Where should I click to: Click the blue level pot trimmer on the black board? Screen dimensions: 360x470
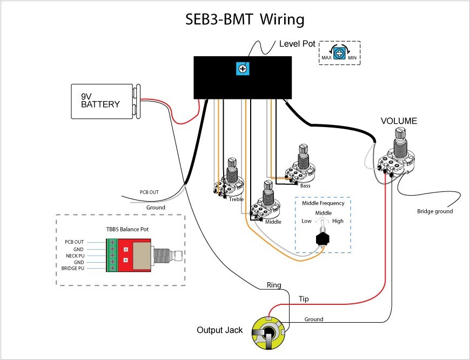241,69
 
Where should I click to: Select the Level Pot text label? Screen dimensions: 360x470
297,43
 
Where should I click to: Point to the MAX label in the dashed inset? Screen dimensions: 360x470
326,57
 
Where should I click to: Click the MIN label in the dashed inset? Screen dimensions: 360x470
352,57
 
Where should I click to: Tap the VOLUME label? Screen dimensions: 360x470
399,121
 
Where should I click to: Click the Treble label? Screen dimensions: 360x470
236,199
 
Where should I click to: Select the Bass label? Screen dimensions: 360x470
305,186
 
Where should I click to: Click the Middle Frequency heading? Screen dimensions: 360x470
323,203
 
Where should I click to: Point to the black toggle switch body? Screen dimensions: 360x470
324,238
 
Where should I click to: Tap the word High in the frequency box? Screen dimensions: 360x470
338,221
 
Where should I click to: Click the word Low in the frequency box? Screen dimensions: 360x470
306,221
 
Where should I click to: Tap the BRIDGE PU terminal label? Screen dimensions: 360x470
72,268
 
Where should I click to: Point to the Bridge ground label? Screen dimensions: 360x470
434,211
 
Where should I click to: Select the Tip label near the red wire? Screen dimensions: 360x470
304,298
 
